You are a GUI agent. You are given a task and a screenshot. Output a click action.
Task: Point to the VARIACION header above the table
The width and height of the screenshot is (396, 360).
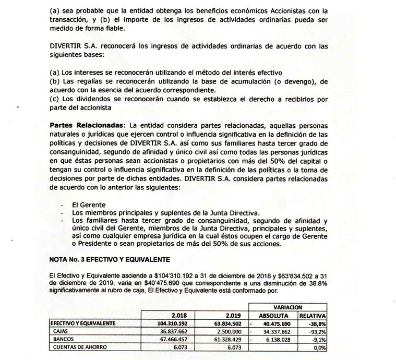pos(288,307)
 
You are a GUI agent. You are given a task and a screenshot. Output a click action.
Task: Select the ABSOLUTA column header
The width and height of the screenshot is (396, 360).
pos(274,315)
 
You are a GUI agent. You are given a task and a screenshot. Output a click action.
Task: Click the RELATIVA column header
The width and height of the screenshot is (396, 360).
pos(313,315)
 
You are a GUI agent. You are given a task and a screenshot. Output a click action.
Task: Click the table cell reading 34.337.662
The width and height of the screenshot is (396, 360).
pos(277,331)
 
